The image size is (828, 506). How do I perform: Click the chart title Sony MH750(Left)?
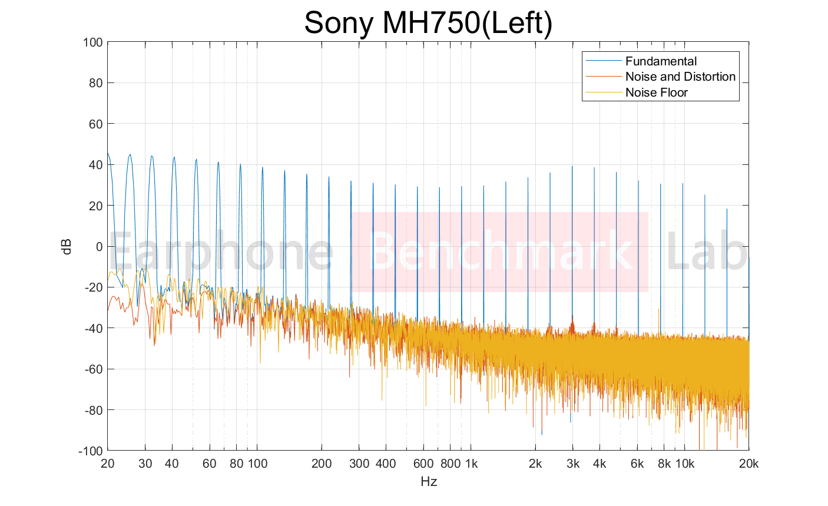pyautogui.click(x=428, y=24)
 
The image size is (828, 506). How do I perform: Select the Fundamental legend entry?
pyautogui.click(x=661, y=61)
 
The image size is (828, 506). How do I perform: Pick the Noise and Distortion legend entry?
pyautogui.click(x=680, y=77)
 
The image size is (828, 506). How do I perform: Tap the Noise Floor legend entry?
pyautogui.click(x=656, y=92)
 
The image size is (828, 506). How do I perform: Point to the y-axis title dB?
pyautogui.click(x=67, y=246)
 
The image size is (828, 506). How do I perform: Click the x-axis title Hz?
pyautogui.click(x=429, y=482)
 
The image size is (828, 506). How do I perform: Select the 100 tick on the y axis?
pyautogui.click(x=93, y=42)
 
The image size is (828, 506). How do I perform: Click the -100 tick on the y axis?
pyautogui.click(x=91, y=451)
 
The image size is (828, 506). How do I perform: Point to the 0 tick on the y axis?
pyautogui.click(x=99, y=247)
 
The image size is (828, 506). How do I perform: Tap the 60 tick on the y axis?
pyautogui.click(x=95, y=124)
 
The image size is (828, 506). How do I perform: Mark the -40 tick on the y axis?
pyautogui.click(x=92, y=328)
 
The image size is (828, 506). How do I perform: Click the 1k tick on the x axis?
pyautogui.click(x=471, y=464)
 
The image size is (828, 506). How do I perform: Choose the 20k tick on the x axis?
pyautogui.click(x=748, y=464)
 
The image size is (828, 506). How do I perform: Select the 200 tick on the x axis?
pyautogui.click(x=322, y=464)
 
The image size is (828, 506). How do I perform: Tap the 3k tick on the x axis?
pyautogui.click(x=573, y=464)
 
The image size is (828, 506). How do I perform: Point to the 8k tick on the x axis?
pyautogui.click(x=664, y=464)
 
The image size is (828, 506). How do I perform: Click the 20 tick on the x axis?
pyautogui.click(x=107, y=464)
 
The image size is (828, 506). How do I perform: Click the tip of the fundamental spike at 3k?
pyautogui.click(x=572, y=167)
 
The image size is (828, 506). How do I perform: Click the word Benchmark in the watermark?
pyautogui.click(x=501, y=252)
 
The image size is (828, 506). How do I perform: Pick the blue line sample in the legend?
pyautogui.click(x=603, y=61)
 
